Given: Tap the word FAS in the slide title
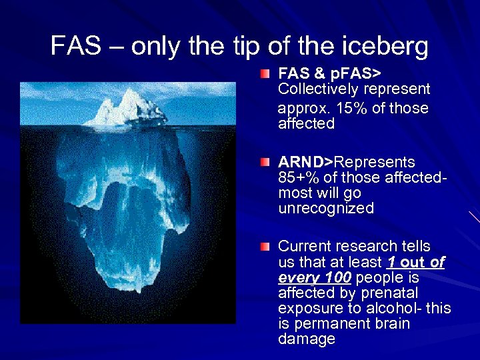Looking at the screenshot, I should (71, 46).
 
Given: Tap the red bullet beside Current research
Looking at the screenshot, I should (265, 247).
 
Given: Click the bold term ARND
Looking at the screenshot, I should (301, 163).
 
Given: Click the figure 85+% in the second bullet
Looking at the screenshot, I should (297, 178).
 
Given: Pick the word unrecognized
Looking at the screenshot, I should (326, 209).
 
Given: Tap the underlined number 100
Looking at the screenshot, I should (335, 277).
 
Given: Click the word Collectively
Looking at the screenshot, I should (318, 89).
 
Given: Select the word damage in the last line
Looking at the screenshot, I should (307, 339).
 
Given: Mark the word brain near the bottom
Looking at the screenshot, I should (391, 324).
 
